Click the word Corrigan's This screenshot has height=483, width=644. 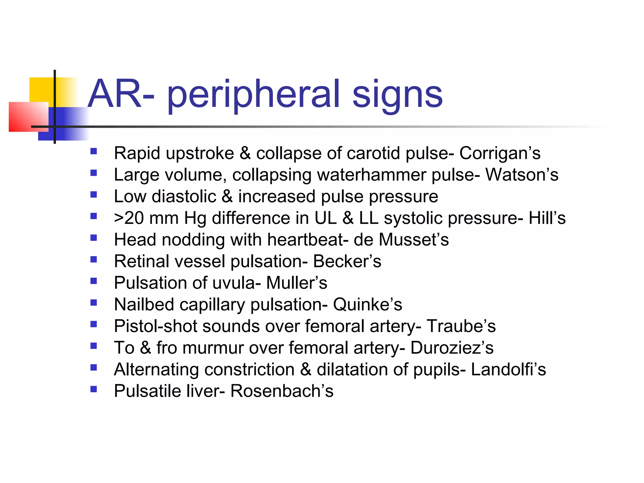tap(500, 153)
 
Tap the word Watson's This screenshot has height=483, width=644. tap(522, 175)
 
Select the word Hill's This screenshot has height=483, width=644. tap(547, 218)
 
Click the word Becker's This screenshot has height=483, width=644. tap(347, 261)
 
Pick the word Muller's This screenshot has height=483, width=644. tap(297, 283)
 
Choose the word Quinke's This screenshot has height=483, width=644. tap(367, 304)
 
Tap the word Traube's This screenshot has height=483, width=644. tap(461, 326)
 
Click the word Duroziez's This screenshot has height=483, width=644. tap(452, 348)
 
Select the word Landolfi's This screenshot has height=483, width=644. tap(508, 369)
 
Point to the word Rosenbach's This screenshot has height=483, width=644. tap(282, 391)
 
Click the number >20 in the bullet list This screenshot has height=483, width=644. tap(129, 218)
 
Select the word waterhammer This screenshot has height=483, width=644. tap(371, 175)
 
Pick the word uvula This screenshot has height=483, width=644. tap(234, 283)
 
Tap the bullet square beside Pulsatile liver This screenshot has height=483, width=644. tap(93, 389)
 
